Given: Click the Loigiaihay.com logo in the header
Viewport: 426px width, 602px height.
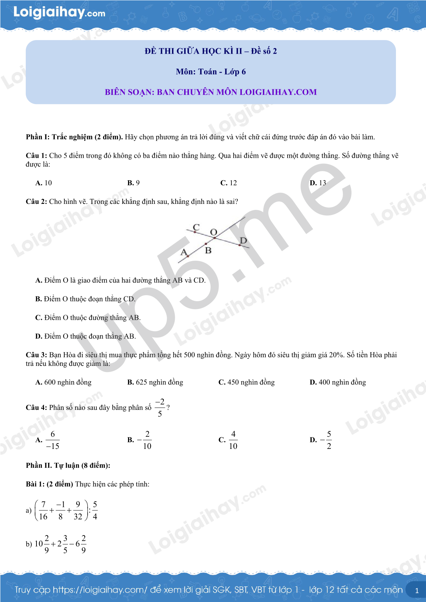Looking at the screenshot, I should (x=59, y=13).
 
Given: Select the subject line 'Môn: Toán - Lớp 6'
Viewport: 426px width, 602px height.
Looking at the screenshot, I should (x=211, y=72).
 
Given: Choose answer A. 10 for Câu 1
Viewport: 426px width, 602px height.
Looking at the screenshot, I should (x=44, y=183).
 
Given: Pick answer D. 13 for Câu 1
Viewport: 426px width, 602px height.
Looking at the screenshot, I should (x=318, y=183).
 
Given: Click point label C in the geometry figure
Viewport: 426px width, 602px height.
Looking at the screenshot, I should (x=196, y=227).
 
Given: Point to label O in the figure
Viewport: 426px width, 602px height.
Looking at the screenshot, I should (x=214, y=232).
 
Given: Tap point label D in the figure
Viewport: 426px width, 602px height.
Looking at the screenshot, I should (x=244, y=240).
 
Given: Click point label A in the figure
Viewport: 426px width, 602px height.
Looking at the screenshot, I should (x=184, y=252).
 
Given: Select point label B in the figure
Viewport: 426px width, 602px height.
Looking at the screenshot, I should (x=209, y=251).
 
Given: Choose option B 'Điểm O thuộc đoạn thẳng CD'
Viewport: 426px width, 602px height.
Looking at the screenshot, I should (x=85, y=299).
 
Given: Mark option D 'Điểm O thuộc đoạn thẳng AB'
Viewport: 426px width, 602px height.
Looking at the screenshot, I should (x=85, y=336).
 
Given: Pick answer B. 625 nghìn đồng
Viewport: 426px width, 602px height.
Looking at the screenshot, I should (x=155, y=382).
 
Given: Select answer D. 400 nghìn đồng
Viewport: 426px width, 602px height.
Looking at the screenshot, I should (x=338, y=382).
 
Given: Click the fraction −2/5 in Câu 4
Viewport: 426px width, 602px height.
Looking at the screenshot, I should (x=160, y=408).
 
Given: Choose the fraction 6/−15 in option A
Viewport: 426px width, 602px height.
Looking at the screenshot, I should (x=53, y=440).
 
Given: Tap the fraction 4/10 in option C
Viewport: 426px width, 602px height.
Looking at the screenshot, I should (x=233, y=440).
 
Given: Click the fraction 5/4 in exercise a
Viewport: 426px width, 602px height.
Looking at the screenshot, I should (x=95, y=510).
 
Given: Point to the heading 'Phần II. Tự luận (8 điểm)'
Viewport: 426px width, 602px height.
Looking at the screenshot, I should (x=68, y=465).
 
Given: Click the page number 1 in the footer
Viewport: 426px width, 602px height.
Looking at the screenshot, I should (x=417, y=591).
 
